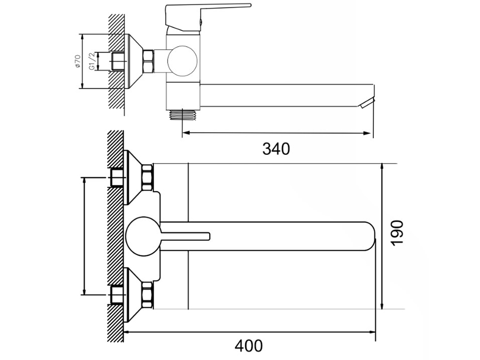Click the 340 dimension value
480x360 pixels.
click(276, 149)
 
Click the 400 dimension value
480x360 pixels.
click(248, 346)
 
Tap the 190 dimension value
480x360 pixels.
click(397, 233)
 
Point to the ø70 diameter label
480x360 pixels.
click(77, 61)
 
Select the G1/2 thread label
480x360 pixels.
click(92, 61)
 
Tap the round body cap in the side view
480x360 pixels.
click(182, 61)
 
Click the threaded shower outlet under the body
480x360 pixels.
click(183, 115)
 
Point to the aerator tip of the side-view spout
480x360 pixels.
click(367, 103)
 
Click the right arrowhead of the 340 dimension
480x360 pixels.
click(367, 133)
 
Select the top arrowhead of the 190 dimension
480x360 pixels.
click(382, 168)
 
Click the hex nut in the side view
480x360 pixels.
click(148, 61)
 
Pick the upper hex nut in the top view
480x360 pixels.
click(147, 178)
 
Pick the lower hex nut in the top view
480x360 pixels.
click(147, 295)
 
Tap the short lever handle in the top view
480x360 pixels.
click(185, 236)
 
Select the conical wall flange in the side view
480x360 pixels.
click(134, 61)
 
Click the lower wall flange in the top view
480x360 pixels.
click(133, 295)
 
